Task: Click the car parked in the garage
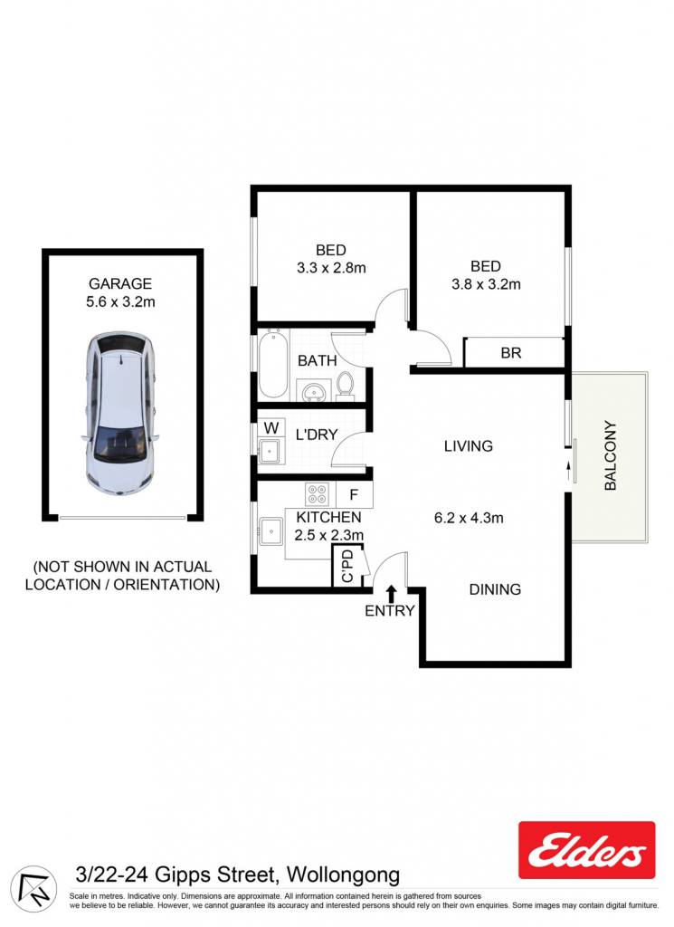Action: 120,413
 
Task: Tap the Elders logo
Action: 586,849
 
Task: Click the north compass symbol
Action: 33,889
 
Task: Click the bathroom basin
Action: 313,391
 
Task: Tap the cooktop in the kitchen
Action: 318,494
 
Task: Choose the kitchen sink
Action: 271,530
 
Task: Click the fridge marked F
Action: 354,494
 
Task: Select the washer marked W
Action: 271,427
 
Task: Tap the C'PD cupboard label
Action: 347,566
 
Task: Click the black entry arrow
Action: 391,593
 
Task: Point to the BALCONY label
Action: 610,455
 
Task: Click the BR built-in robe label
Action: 511,353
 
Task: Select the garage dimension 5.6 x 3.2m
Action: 120,301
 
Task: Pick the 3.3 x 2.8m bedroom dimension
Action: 331,268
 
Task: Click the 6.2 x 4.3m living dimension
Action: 469,518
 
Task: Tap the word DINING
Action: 495,589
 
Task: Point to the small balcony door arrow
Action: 569,472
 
